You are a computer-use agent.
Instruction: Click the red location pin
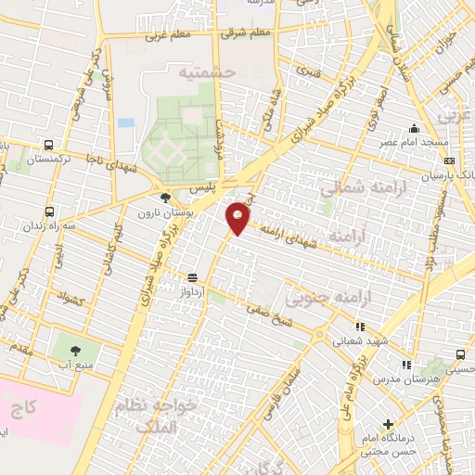(x=239, y=217)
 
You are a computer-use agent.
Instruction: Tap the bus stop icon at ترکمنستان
(x=48, y=145)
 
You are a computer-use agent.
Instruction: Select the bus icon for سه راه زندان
(x=48, y=211)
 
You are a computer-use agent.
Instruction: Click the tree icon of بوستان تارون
(x=165, y=198)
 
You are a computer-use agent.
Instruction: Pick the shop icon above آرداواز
(x=192, y=276)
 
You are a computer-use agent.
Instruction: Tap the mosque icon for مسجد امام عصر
(x=414, y=129)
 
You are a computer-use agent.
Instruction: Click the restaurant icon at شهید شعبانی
(x=361, y=327)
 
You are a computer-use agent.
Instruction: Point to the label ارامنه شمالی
(x=353, y=188)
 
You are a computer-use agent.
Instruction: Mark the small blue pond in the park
(x=126, y=122)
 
